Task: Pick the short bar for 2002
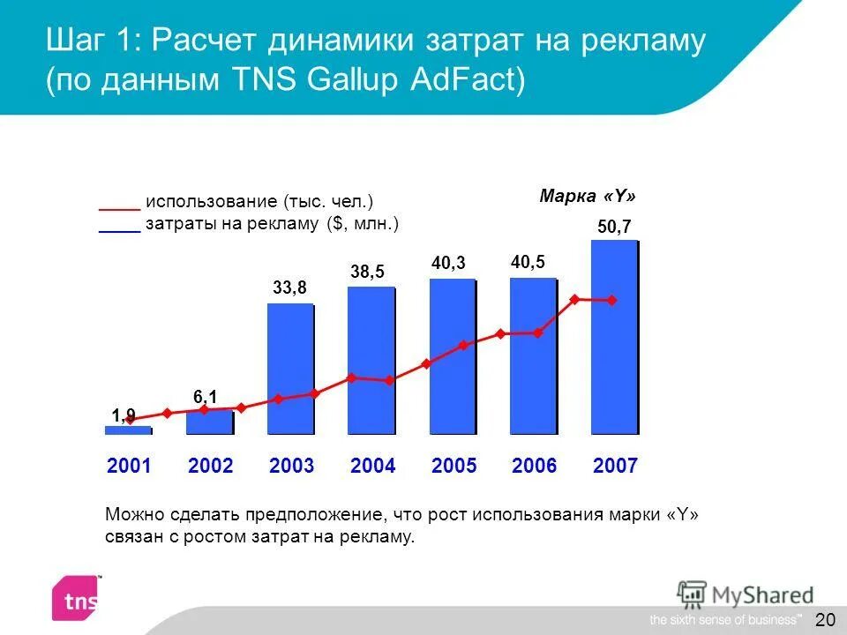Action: pyautogui.click(x=209, y=422)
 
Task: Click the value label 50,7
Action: pyautogui.click(x=614, y=227)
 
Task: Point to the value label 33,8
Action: pyautogui.click(x=290, y=287)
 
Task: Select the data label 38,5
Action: pyautogui.click(x=367, y=273)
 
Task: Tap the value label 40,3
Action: pyautogui.click(x=448, y=264)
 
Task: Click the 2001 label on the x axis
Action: pyautogui.click(x=129, y=467)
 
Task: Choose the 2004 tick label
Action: pyautogui.click(x=372, y=467)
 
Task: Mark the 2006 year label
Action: pyautogui.click(x=535, y=467)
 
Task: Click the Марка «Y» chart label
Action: pyautogui.click(x=588, y=196)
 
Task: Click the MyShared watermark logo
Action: pyautogui.click(x=746, y=594)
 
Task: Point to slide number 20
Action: pyautogui.click(x=825, y=619)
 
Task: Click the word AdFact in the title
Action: pyautogui.click(x=468, y=80)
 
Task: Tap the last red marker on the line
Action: pyautogui.click(x=611, y=301)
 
